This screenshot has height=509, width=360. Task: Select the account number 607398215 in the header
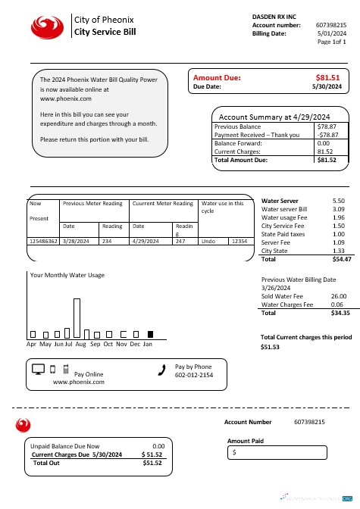[331, 25]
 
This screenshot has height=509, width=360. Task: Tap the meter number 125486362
[43, 240]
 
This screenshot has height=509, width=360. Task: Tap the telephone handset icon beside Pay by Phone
[161, 370]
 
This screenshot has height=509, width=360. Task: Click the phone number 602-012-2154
[194, 375]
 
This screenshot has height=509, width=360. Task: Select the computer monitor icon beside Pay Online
[39, 370]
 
